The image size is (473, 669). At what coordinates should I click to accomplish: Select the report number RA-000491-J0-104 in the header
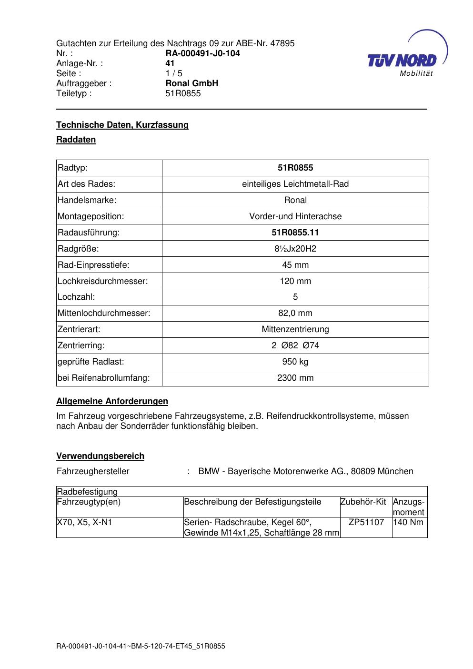click(x=202, y=53)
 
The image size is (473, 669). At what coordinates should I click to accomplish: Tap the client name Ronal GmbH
click(x=191, y=83)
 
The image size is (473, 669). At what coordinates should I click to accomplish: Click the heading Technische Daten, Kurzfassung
click(x=122, y=125)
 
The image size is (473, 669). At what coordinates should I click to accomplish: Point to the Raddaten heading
click(x=76, y=140)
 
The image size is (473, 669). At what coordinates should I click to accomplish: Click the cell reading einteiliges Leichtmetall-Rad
click(x=295, y=184)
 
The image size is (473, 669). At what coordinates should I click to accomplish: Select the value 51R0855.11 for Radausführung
click(x=295, y=233)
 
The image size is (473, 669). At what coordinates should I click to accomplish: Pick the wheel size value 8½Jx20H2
click(x=295, y=249)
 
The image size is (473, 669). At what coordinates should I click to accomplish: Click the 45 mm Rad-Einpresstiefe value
click(x=295, y=265)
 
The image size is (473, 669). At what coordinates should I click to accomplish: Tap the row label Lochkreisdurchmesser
click(x=102, y=281)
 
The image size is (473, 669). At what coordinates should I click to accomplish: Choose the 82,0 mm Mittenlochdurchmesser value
click(x=295, y=313)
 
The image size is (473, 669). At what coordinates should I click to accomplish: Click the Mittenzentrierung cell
click(x=295, y=329)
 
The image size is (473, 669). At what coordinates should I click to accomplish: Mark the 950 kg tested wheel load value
click(x=295, y=362)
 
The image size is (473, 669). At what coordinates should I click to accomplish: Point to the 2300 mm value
click(x=295, y=378)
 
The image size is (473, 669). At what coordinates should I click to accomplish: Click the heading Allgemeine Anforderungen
click(x=112, y=401)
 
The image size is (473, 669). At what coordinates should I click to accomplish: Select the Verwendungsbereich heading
click(x=100, y=456)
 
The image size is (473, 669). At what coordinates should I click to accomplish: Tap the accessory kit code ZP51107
click(x=366, y=522)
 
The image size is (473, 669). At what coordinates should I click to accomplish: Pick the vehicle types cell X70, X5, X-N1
click(x=84, y=522)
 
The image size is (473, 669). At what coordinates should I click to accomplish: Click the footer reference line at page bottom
click(x=141, y=647)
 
